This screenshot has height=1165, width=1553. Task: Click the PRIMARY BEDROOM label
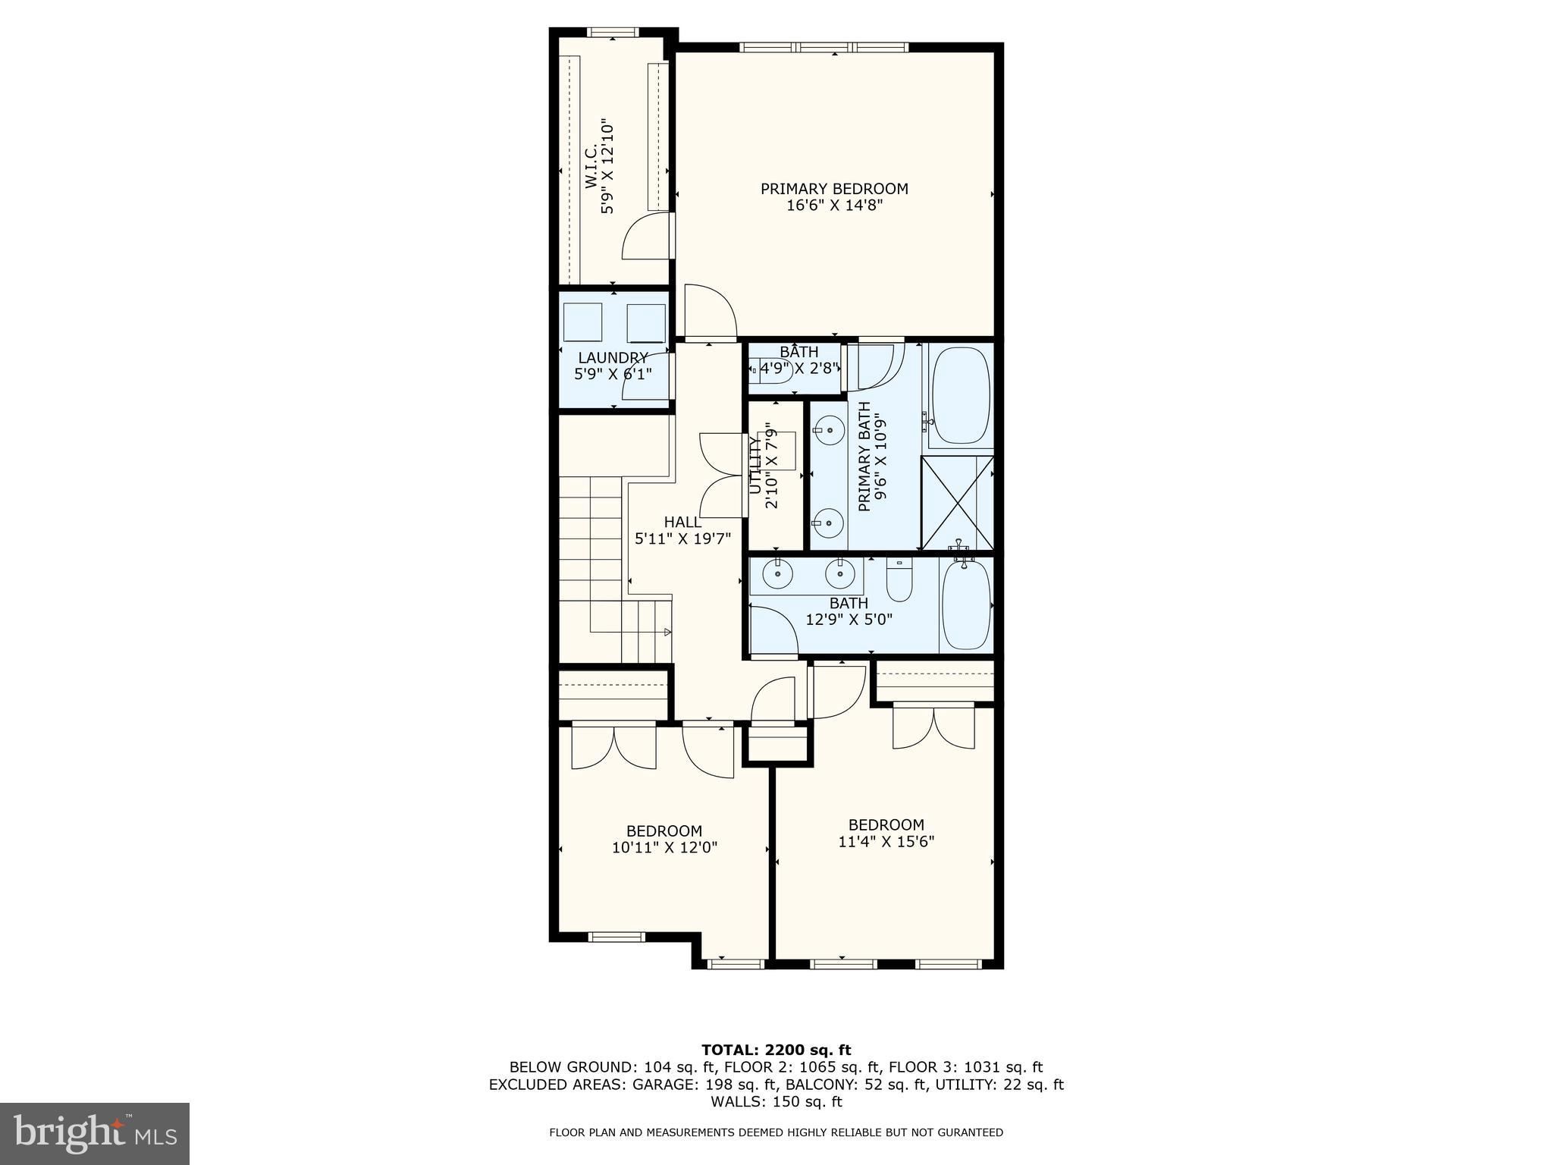[834, 189]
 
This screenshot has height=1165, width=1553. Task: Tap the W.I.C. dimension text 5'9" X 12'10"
[607, 165]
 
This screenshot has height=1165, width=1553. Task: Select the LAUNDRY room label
[613, 358]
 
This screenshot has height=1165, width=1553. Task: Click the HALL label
[682, 523]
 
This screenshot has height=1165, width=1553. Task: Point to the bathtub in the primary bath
[960, 396]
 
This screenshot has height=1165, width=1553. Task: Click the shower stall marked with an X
[957, 503]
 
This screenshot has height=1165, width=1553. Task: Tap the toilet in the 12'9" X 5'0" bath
[899, 579]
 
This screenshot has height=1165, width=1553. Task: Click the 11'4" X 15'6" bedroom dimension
[886, 842]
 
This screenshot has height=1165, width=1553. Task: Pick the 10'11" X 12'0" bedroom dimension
[664, 847]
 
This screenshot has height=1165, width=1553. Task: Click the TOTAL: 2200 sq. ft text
[776, 1050]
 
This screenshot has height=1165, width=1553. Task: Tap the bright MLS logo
[95, 1133]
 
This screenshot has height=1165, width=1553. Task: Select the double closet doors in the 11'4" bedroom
[933, 727]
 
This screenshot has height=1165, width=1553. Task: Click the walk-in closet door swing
[647, 237]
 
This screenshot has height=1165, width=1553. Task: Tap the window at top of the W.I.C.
[613, 33]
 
